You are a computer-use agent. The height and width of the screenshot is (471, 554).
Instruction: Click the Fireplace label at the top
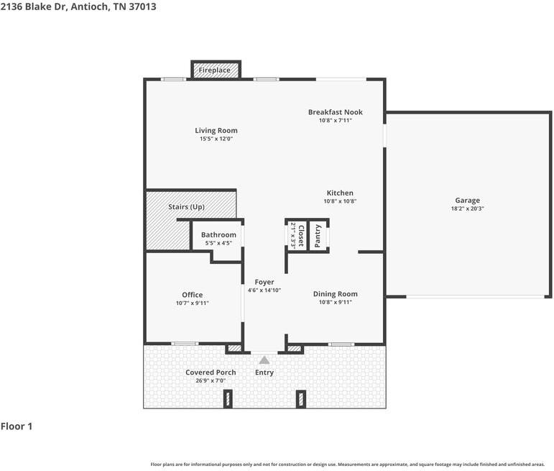[214, 70]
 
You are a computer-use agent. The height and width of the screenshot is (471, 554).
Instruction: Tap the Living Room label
[216, 130]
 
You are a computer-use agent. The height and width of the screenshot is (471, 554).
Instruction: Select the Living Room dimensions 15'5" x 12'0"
[216, 139]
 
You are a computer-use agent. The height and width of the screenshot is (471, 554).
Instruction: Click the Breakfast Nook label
[336, 112]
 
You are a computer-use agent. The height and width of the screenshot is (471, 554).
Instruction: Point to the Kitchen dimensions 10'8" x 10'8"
[340, 201]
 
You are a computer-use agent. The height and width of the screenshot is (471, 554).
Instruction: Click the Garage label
[468, 201]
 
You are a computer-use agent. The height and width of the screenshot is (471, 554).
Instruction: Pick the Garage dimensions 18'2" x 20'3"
[468, 209]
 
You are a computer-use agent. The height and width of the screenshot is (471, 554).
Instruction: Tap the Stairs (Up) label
[186, 207]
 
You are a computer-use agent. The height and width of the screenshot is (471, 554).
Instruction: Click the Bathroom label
[218, 235]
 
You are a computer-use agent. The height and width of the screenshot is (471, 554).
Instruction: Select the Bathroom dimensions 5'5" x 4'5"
[218, 243]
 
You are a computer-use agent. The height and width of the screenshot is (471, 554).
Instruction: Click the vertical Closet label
[301, 236]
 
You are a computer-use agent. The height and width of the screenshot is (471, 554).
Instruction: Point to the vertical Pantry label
[318, 236]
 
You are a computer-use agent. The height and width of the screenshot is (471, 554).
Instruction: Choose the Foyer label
[264, 282]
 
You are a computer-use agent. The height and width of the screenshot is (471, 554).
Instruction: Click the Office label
[192, 295]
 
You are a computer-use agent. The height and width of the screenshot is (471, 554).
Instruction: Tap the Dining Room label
[336, 294]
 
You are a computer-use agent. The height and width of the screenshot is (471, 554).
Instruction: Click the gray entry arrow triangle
[264, 360]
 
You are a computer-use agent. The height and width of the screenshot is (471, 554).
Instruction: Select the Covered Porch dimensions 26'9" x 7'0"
[211, 380]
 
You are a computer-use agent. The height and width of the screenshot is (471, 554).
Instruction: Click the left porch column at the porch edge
[228, 399]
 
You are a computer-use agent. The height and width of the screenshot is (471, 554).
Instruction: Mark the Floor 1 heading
[17, 426]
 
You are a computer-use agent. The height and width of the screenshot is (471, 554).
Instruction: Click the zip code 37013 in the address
[142, 6]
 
